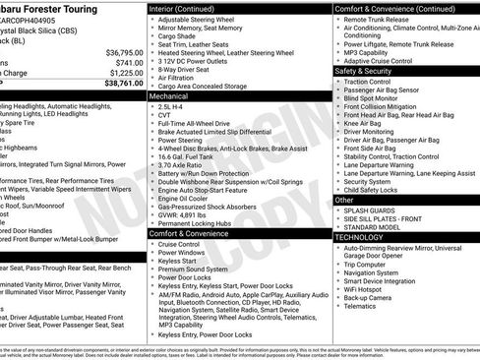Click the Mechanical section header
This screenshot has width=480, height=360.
(172, 98)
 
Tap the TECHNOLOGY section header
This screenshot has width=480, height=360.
(359, 237)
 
